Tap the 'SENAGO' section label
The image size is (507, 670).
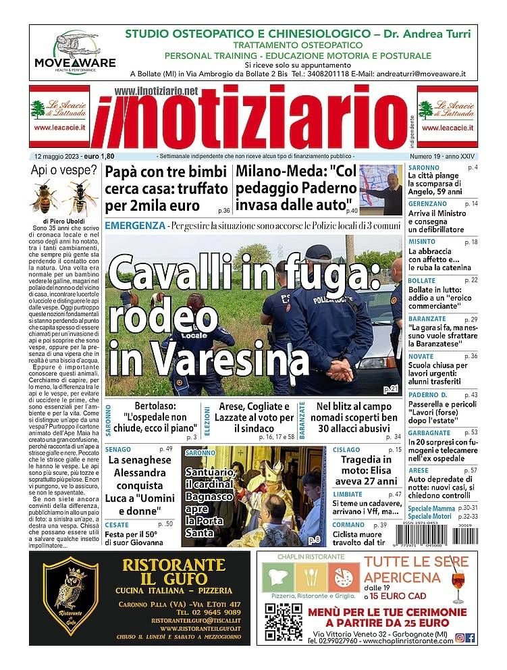[118, 449]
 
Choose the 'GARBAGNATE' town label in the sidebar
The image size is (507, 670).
[429, 432]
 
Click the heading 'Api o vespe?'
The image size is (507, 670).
[64, 170]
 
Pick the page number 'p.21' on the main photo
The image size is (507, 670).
[391, 389]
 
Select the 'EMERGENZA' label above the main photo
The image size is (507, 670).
[135, 225]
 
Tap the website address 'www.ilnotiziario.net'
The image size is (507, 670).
[156, 91]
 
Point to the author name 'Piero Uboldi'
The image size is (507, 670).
[68, 221]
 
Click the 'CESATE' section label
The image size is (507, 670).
[117, 524]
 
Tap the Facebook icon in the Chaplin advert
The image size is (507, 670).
[471, 638]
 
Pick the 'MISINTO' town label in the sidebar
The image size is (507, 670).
[423, 242]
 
